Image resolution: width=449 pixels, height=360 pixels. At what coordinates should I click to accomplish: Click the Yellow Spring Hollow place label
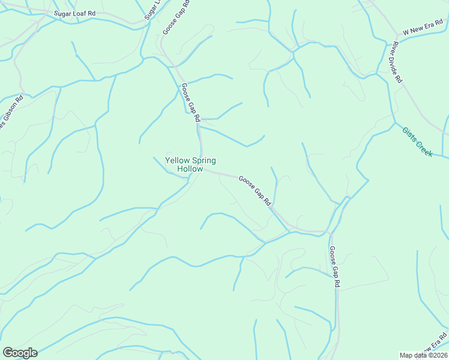[x=190, y=165]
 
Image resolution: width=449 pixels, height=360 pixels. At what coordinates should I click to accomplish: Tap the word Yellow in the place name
[x=176, y=161]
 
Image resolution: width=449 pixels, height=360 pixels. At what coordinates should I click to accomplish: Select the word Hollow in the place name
[x=190, y=169]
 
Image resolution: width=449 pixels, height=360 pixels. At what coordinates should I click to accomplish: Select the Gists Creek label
[x=417, y=142]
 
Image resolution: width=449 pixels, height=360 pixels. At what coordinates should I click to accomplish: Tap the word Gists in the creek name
[x=409, y=134]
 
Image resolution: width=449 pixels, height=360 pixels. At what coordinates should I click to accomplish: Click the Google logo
[x=20, y=353]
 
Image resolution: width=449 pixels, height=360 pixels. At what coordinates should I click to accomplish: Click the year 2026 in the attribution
[x=438, y=355]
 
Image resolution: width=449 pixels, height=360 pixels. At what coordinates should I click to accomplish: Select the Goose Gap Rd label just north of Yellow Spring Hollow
[x=190, y=103]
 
